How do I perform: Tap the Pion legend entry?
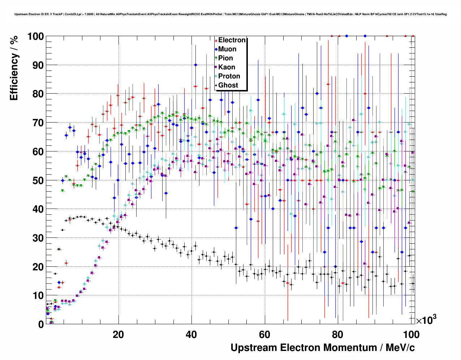click(x=225, y=58)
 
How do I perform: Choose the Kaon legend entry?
click(x=227, y=67)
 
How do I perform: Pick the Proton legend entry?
click(x=229, y=76)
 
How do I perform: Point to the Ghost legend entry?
click(x=228, y=85)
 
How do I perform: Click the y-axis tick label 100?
click(x=35, y=37)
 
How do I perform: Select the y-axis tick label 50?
click(x=38, y=180)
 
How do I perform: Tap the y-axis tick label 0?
click(x=41, y=324)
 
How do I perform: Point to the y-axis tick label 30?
click(x=38, y=238)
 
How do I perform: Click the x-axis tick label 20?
click(x=118, y=334)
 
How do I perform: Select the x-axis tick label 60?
click(x=264, y=334)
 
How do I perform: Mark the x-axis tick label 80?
click(x=338, y=334)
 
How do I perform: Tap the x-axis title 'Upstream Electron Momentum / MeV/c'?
click(x=323, y=348)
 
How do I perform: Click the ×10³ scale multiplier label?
click(x=426, y=320)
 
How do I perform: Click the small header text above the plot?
click(x=231, y=14)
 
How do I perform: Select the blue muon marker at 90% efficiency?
click(x=195, y=65)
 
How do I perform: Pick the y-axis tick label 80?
click(x=38, y=94)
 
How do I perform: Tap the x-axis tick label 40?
click(x=191, y=334)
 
